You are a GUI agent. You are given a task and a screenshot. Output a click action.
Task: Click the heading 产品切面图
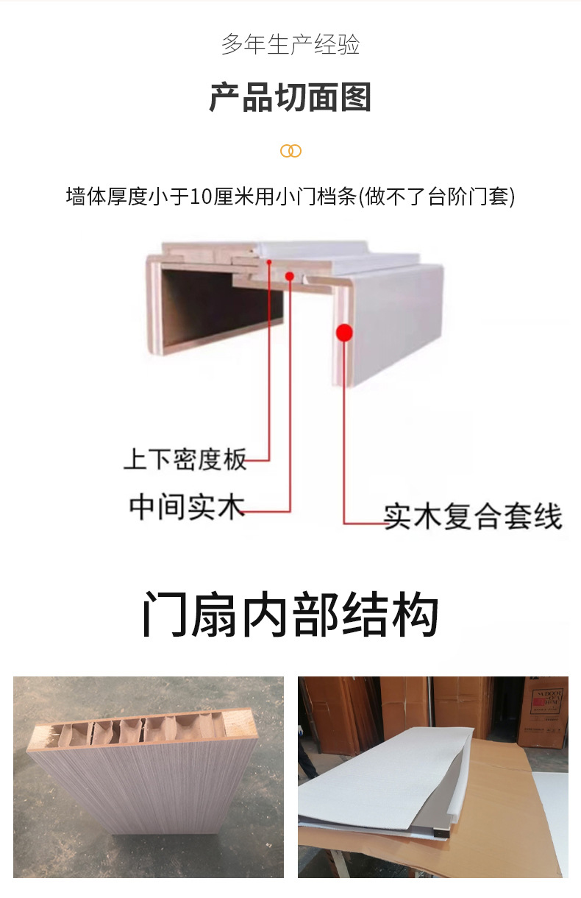290,97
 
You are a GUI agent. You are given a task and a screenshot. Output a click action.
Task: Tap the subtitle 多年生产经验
290,44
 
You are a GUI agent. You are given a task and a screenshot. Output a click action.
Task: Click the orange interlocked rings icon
290,151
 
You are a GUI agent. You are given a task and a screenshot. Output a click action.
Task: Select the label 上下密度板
185,459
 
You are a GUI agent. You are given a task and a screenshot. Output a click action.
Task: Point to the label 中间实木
187,507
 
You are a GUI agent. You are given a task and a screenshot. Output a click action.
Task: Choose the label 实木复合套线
473,517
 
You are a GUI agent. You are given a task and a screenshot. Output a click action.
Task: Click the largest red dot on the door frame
344,333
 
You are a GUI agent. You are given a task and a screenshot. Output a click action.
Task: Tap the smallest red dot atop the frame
269,262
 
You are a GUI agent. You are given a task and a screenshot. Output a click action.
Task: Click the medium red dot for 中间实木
290,276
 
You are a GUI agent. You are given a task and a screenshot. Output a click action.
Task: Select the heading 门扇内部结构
290,613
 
